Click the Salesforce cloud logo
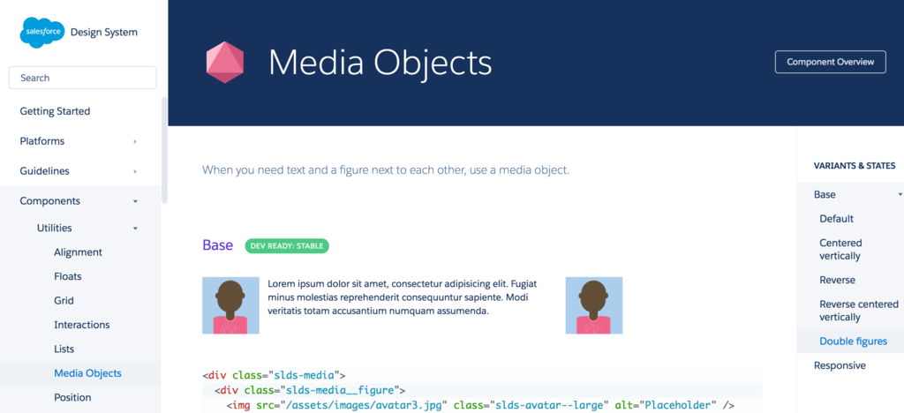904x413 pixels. point(43,33)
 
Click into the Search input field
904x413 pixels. point(82,78)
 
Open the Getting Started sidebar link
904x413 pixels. point(55,111)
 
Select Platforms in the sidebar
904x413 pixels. point(42,141)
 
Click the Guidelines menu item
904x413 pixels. point(44,171)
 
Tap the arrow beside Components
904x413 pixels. point(135,201)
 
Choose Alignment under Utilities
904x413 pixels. point(78,252)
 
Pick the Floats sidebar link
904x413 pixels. point(67,276)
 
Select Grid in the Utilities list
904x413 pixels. point(64,301)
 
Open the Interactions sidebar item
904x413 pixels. point(82,325)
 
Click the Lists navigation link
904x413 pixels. point(64,349)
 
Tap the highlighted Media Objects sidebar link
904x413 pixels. point(87,373)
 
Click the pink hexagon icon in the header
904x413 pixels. point(225,62)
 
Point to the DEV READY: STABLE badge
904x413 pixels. point(287,246)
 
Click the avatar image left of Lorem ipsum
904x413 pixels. point(230,305)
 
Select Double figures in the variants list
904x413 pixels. point(854,342)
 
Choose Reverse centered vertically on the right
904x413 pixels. point(859,311)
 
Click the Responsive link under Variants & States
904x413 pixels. point(840,365)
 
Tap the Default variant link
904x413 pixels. point(837,219)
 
